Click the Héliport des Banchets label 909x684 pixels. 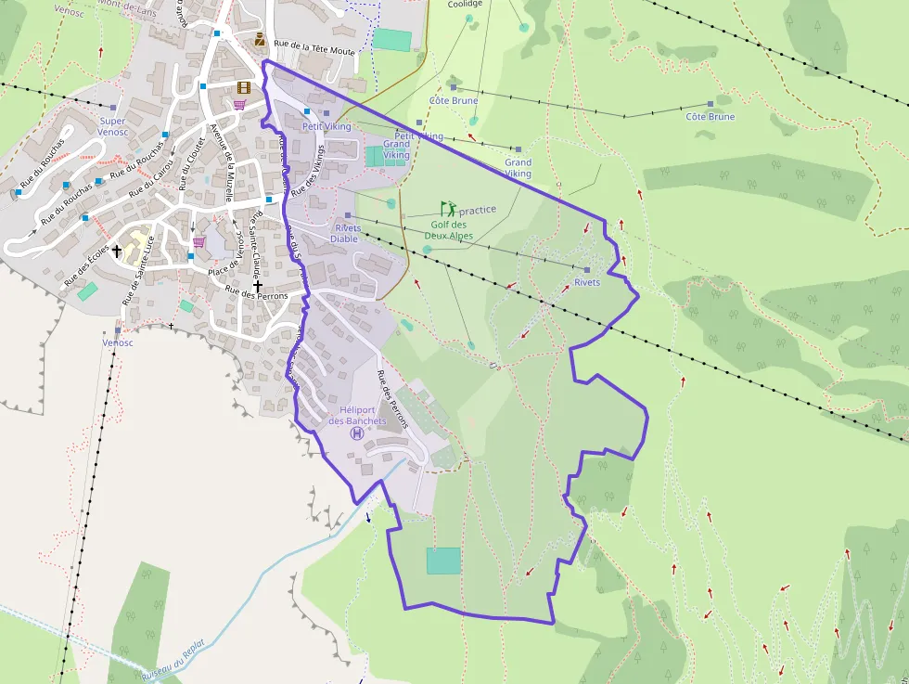(x=357, y=415)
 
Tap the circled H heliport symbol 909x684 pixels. (x=357, y=433)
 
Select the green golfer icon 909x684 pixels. (x=449, y=209)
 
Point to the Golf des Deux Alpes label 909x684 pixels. (x=449, y=230)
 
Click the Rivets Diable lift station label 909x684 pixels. (x=346, y=233)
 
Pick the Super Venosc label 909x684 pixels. (x=113, y=126)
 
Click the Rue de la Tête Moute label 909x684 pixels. (x=315, y=48)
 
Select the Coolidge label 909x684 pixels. (x=465, y=4)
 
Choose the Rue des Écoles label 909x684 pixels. (x=85, y=265)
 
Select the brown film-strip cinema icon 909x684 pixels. (x=244, y=88)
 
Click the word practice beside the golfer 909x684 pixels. (x=478, y=210)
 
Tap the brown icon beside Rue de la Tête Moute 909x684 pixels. (x=260, y=39)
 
